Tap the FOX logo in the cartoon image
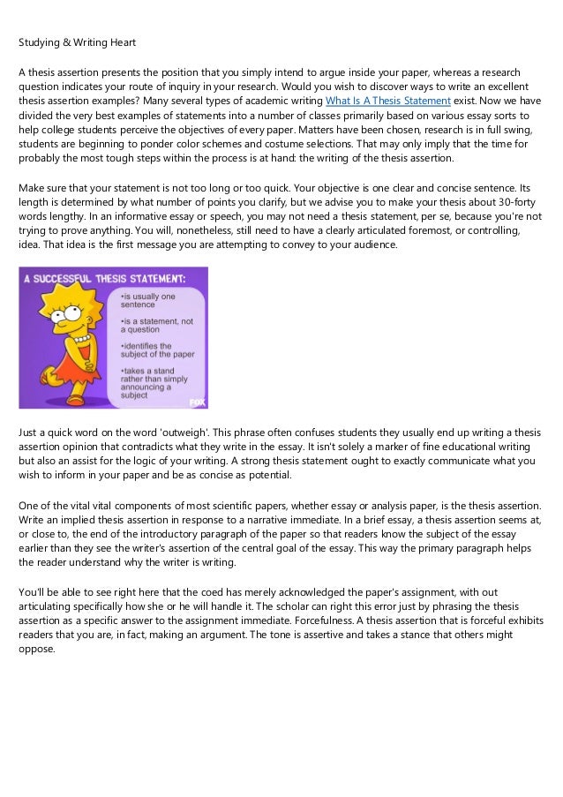pyautogui.click(x=198, y=402)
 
